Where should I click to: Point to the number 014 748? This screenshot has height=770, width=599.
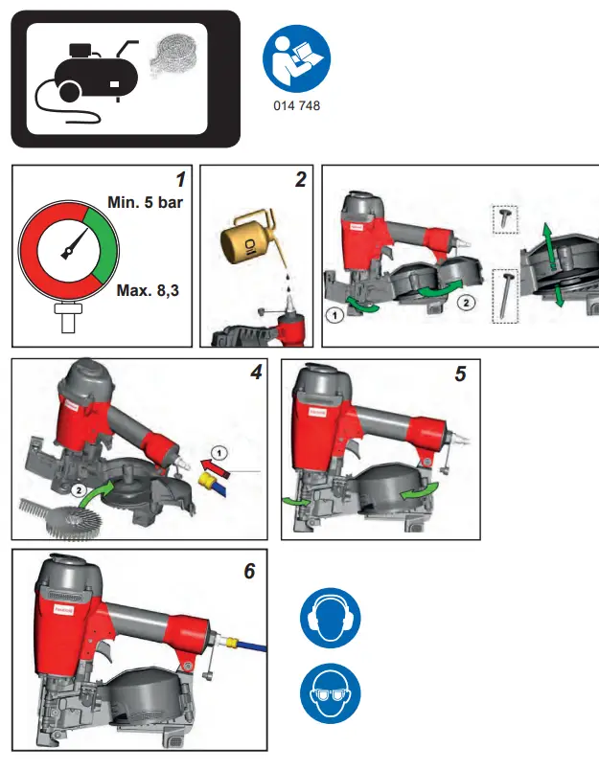click(296, 106)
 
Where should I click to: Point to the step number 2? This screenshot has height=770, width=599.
click(300, 178)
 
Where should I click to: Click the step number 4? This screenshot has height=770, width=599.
click(255, 373)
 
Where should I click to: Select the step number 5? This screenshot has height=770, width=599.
click(461, 374)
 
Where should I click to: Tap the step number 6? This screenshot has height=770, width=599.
click(249, 571)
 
